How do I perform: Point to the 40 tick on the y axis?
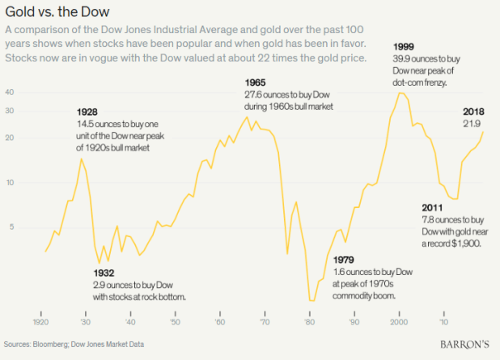(x=11, y=92)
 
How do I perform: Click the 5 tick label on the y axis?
(x=11, y=227)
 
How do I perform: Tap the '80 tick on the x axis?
(x=308, y=322)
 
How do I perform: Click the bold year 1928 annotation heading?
(x=87, y=111)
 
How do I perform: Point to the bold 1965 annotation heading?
(x=256, y=83)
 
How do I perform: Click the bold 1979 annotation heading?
(x=343, y=259)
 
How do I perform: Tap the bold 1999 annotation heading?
(x=405, y=45)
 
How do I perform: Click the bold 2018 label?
(x=473, y=111)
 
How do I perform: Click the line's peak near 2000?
(x=400, y=92)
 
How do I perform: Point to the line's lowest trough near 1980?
(x=311, y=301)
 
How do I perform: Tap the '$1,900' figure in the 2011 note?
(x=467, y=242)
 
